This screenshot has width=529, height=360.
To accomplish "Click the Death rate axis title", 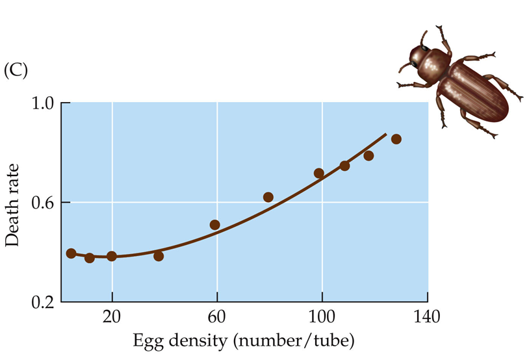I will [x=12, y=204].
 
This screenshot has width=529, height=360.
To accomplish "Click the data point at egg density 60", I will [x=215, y=225].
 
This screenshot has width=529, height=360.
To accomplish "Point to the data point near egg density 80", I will [x=268, y=197].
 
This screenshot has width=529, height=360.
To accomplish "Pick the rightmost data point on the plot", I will [x=396, y=139].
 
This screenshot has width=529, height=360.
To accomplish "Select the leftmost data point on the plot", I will [x=71, y=253].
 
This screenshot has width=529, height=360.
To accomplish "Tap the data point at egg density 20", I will [x=112, y=256].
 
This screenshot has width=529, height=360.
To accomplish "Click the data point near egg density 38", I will [x=159, y=256].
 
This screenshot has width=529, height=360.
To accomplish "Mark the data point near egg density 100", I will [x=319, y=173].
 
